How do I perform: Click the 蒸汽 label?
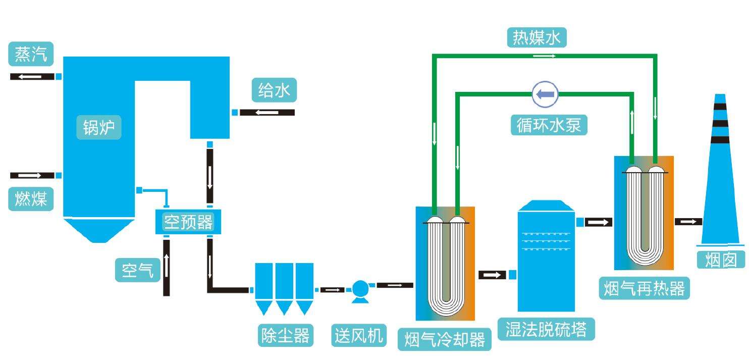(x=31, y=55)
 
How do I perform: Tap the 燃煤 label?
(x=31, y=199)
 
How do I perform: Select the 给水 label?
(x=275, y=91)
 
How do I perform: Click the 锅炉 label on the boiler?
(x=99, y=128)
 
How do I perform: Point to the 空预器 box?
(x=188, y=222)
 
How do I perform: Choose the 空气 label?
(x=137, y=270)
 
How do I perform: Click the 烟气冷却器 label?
(x=445, y=339)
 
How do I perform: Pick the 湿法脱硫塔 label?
(x=546, y=329)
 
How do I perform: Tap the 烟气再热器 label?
(x=645, y=288)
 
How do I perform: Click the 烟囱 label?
(x=721, y=260)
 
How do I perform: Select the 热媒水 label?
(x=537, y=38)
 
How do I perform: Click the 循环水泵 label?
(x=549, y=125)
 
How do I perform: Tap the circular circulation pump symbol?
(x=546, y=94)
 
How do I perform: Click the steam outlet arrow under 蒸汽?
(x=32, y=77)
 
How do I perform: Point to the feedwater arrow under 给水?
(x=267, y=112)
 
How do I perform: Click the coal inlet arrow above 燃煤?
(x=32, y=176)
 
